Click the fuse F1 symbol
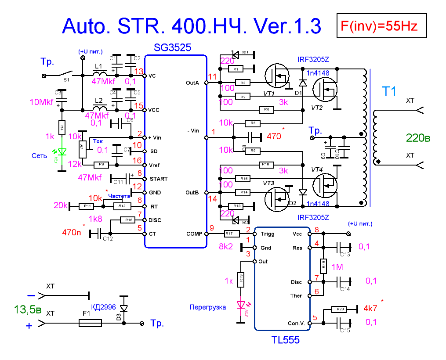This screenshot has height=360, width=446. click(x=90, y=324)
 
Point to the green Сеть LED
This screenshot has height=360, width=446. click(x=62, y=152)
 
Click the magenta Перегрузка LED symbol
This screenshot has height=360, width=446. click(x=240, y=304)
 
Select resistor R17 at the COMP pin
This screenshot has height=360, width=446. click(x=231, y=234)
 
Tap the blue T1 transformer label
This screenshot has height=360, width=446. click(x=389, y=92)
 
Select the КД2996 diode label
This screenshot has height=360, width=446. click(x=103, y=307)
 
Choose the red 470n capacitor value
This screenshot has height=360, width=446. click(x=72, y=232)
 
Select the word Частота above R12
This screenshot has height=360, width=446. click(x=119, y=196)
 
